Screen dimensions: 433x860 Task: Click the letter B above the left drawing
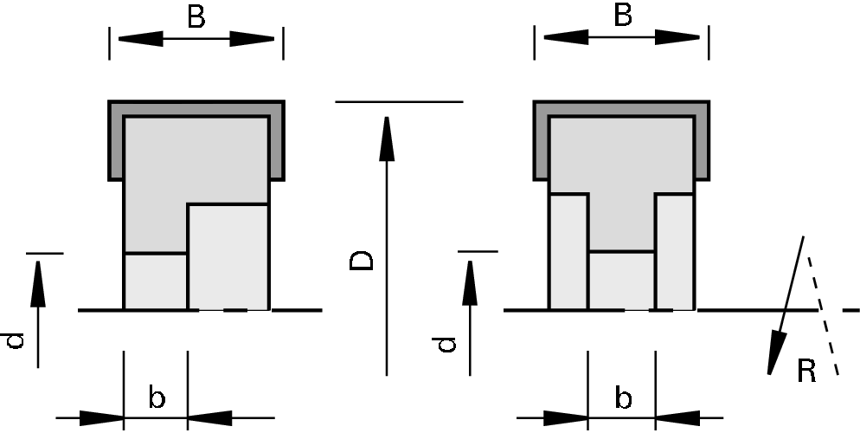click(196, 17)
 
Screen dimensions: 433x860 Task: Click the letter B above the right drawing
click(623, 17)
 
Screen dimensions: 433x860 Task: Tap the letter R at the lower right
click(806, 372)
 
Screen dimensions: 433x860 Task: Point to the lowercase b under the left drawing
click(157, 398)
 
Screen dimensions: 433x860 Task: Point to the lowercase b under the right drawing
click(623, 398)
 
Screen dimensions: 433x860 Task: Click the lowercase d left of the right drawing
click(446, 345)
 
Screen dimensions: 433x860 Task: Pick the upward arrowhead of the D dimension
click(387, 139)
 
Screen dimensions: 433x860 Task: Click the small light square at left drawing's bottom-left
click(156, 281)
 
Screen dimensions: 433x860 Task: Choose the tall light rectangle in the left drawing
click(228, 256)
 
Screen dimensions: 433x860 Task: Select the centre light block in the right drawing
click(621, 280)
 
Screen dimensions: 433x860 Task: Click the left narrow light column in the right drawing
click(568, 251)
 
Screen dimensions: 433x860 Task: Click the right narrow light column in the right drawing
click(675, 251)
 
